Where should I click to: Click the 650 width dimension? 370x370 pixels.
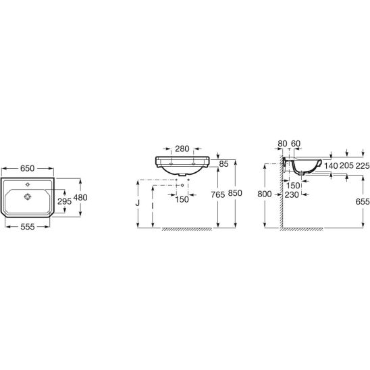[28, 168]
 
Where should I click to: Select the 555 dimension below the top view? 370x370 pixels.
[28, 227]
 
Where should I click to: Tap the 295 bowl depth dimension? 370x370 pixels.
[65, 201]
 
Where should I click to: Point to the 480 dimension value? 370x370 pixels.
[80, 197]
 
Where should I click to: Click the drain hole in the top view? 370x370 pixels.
[28, 196]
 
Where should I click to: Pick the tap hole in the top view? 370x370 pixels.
[28, 185]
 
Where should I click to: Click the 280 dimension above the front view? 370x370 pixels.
[182, 149]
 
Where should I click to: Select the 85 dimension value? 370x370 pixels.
[223, 164]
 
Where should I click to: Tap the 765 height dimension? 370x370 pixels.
[218, 194]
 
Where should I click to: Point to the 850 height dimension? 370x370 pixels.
[235, 193]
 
